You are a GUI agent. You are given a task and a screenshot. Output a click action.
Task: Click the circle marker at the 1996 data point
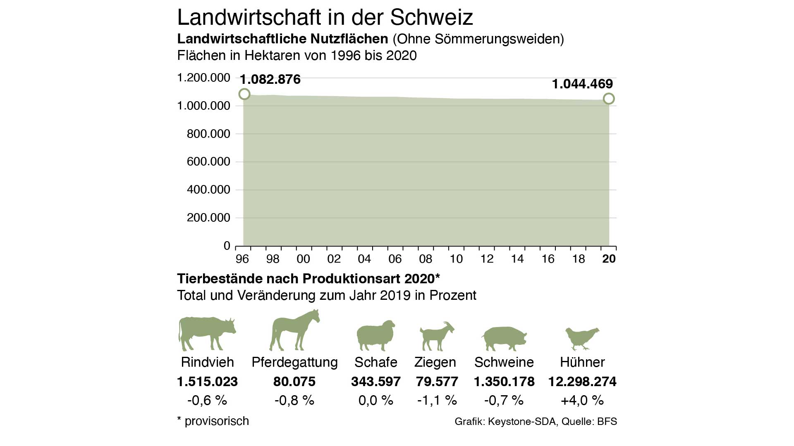[x=244, y=94]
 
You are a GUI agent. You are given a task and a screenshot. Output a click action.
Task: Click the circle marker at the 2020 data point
[x=609, y=99]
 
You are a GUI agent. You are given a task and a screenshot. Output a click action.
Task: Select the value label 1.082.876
[x=270, y=79]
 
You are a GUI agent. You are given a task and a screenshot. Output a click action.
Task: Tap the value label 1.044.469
[x=582, y=84]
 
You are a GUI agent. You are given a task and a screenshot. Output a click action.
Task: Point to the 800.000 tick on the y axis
[x=208, y=134]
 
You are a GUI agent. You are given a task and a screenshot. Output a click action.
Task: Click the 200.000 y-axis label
[x=208, y=218]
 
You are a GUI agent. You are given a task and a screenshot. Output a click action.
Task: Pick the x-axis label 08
[x=426, y=259]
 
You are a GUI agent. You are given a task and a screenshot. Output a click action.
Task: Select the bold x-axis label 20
[x=609, y=259]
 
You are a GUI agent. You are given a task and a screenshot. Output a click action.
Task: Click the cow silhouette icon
[x=207, y=333]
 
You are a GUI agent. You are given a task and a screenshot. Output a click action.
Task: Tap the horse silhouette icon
[x=294, y=330]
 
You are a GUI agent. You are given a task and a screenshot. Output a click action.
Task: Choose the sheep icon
[x=375, y=335]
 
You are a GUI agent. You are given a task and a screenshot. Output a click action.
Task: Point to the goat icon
[x=437, y=336]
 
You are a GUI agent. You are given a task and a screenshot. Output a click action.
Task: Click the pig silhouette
[x=504, y=338]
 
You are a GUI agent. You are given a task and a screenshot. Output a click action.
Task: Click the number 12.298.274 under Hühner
[x=582, y=382]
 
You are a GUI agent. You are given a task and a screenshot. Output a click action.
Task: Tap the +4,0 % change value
[x=582, y=400]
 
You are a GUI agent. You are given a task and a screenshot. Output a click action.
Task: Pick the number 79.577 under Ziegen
[x=437, y=382]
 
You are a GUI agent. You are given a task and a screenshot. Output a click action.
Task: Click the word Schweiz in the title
[x=431, y=17]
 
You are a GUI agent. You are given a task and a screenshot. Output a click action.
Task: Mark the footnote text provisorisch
[x=217, y=421]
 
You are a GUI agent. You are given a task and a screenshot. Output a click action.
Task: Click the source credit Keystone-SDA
[x=522, y=422]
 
